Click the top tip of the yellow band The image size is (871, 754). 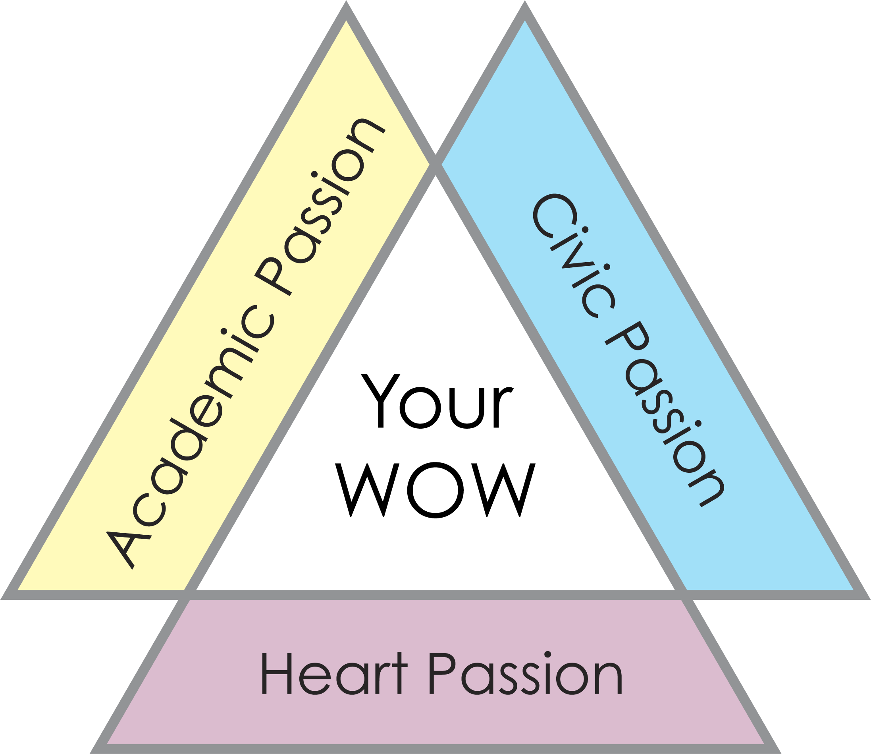(x=346, y=23)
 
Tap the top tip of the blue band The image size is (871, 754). (x=524, y=23)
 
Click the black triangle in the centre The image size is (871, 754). (x=435, y=421)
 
